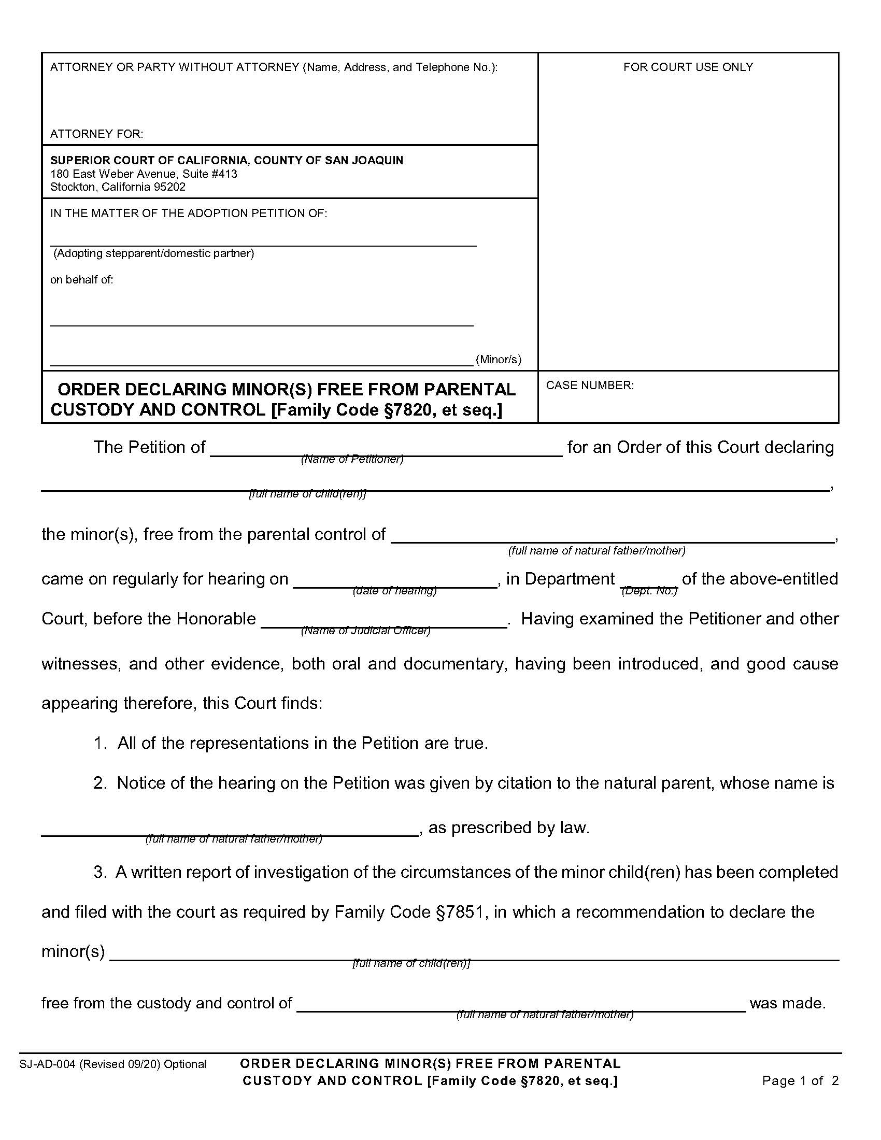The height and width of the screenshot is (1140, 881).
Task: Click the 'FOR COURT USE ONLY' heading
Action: pyautogui.click(x=688, y=67)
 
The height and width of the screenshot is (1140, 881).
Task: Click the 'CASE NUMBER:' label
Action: pyautogui.click(x=590, y=385)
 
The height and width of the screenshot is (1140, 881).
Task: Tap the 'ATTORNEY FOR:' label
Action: pyautogui.click(x=96, y=134)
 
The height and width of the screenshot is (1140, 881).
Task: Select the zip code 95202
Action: pyautogui.click(x=169, y=187)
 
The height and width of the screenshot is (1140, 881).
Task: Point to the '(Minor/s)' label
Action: pyautogui.click(x=499, y=359)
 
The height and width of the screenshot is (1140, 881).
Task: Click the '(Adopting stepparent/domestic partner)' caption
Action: pyautogui.click(x=154, y=253)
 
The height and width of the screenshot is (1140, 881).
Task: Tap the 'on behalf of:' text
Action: pyautogui.click(x=81, y=280)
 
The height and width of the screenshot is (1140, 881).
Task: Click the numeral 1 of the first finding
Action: pyautogui.click(x=99, y=743)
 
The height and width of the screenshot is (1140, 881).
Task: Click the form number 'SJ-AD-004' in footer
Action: pyautogui.click(x=48, y=1064)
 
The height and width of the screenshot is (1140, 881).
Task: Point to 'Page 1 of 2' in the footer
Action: pyautogui.click(x=800, y=1080)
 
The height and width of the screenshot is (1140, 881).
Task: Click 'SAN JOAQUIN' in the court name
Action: pyautogui.click(x=364, y=160)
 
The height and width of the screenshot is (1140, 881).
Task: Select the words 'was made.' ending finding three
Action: pyautogui.click(x=788, y=1003)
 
